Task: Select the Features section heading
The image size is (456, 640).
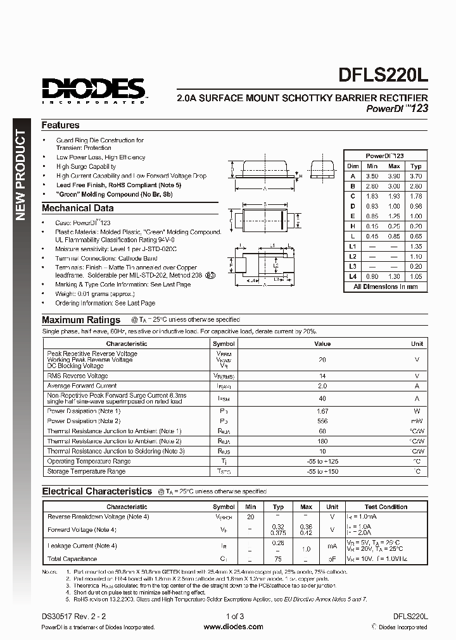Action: (x=61, y=125)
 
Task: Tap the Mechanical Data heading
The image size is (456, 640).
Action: (x=78, y=208)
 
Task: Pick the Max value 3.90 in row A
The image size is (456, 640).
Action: (x=394, y=176)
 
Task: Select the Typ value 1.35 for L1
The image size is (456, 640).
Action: (x=416, y=246)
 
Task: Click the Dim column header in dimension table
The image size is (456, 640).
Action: (x=353, y=166)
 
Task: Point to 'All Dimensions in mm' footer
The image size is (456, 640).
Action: (x=385, y=286)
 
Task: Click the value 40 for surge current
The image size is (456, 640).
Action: (x=322, y=398)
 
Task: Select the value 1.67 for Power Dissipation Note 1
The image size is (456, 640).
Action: (x=322, y=411)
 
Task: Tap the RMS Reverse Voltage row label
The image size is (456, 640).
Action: (x=78, y=376)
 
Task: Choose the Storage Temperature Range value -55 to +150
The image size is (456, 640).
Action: (x=322, y=472)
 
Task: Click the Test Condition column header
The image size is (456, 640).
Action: (x=386, y=507)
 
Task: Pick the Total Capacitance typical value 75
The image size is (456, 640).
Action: (x=278, y=559)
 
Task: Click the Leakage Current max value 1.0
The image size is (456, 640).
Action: (x=307, y=549)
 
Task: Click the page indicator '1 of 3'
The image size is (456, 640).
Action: (x=234, y=616)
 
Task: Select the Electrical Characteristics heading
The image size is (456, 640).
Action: (x=97, y=491)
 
